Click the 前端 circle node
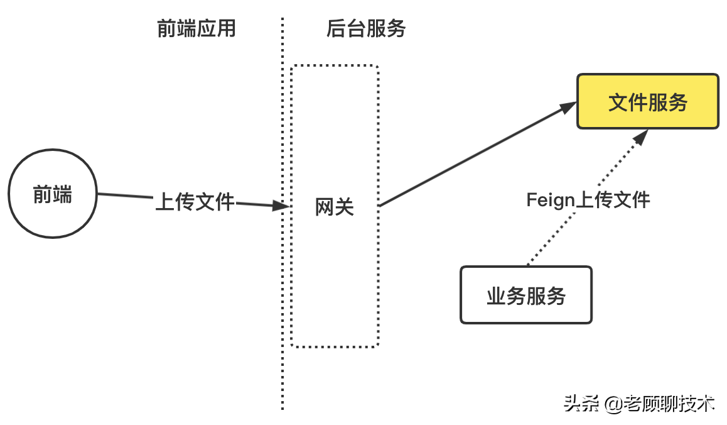[52, 194]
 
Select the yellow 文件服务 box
[647, 102]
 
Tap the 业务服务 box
[526, 295]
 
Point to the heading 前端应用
[196, 28]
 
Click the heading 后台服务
[366, 28]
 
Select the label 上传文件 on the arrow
[195, 202]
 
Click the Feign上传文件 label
[588, 200]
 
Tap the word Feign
[551, 200]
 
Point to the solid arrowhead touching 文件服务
[568, 108]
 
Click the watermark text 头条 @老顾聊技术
[639, 403]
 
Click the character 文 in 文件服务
[618, 102]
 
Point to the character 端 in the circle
[62, 195]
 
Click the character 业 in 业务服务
[497, 295]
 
